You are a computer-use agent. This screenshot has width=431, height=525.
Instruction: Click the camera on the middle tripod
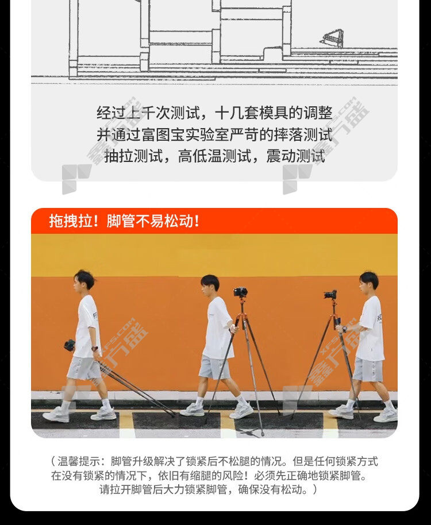240,292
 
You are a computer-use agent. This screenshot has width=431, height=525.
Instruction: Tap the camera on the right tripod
330,295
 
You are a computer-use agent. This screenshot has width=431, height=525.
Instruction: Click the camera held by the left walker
70,345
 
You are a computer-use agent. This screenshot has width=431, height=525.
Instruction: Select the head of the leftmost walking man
84,280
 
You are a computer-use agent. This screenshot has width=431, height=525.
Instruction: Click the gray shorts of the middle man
214,367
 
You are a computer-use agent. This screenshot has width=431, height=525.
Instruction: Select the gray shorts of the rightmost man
368,369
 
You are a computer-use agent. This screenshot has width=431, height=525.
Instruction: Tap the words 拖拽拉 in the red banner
71,221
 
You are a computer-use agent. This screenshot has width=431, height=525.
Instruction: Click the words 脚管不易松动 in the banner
150,221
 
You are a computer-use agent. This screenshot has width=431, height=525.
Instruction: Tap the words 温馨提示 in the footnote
79,461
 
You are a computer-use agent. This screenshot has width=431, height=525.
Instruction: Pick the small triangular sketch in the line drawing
332,38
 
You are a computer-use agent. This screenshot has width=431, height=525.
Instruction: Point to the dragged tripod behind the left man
136,388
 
